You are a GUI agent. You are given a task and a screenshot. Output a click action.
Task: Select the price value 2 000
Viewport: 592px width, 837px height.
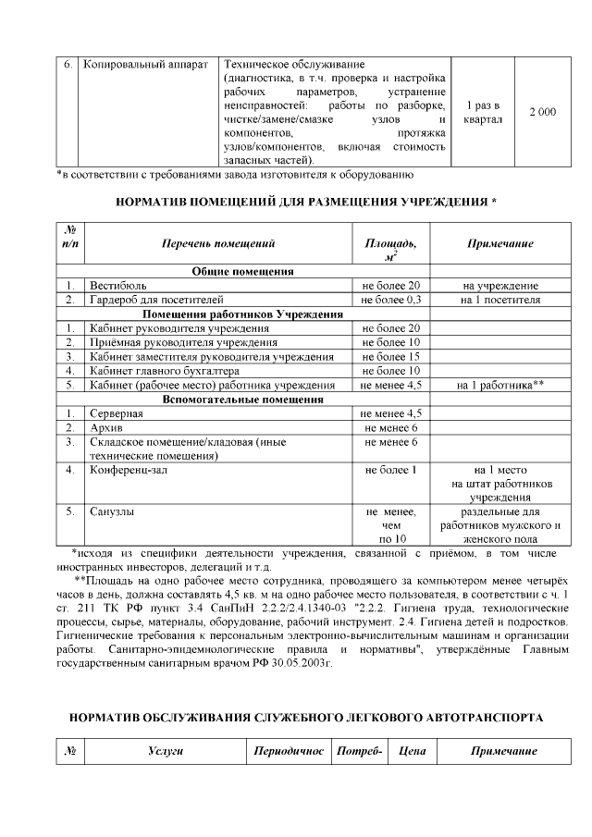click(542, 112)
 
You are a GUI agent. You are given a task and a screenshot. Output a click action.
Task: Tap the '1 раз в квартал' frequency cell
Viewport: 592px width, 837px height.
click(483, 112)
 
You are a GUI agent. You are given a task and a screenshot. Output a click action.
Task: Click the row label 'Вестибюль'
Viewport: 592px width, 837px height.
click(117, 286)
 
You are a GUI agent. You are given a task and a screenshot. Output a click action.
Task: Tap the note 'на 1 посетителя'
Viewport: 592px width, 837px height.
click(499, 300)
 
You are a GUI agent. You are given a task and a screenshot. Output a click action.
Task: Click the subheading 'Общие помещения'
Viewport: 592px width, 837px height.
click(243, 272)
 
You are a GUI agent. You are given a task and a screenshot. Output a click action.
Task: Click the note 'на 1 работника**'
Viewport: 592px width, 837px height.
click(499, 384)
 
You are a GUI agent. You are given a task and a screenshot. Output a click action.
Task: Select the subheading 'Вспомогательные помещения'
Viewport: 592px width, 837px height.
click(243, 399)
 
